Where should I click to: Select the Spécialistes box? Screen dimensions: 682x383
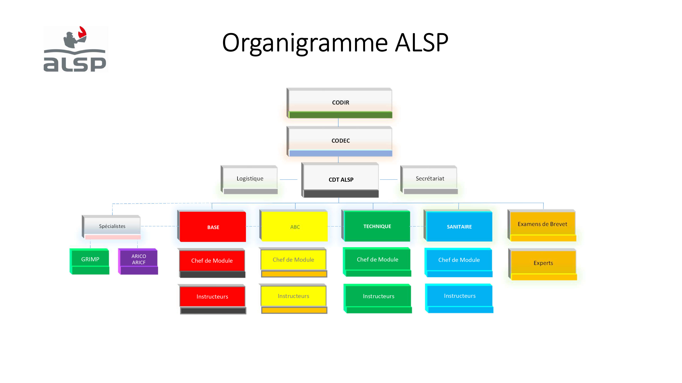pos(111,227)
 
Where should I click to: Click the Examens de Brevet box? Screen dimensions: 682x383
pos(542,225)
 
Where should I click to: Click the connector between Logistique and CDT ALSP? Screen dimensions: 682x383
pos(289,180)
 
